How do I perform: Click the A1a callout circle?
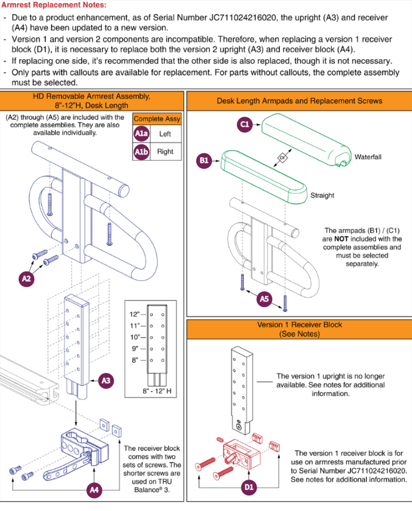click(x=141, y=134)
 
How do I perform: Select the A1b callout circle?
click(x=141, y=152)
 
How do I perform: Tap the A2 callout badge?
click(x=26, y=279)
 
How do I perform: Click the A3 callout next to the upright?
click(x=106, y=381)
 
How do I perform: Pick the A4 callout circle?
click(x=94, y=490)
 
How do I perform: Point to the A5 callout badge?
click(x=264, y=299)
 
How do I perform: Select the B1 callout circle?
click(x=204, y=161)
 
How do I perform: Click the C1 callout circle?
click(x=245, y=124)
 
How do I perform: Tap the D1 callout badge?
click(x=249, y=487)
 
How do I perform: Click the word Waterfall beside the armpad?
click(x=368, y=157)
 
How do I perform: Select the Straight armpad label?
click(x=322, y=195)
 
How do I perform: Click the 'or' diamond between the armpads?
click(x=283, y=158)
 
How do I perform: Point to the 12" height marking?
click(x=135, y=314)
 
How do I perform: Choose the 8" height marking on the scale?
click(x=135, y=360)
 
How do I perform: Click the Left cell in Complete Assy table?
click(x=165, y=134)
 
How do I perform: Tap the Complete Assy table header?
click(x=157, y=119)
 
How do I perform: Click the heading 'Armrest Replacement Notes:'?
click(x=54, y=5)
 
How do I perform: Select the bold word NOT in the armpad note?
click(x=341, y=239)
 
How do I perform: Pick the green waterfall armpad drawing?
click(x=306, y=140)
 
